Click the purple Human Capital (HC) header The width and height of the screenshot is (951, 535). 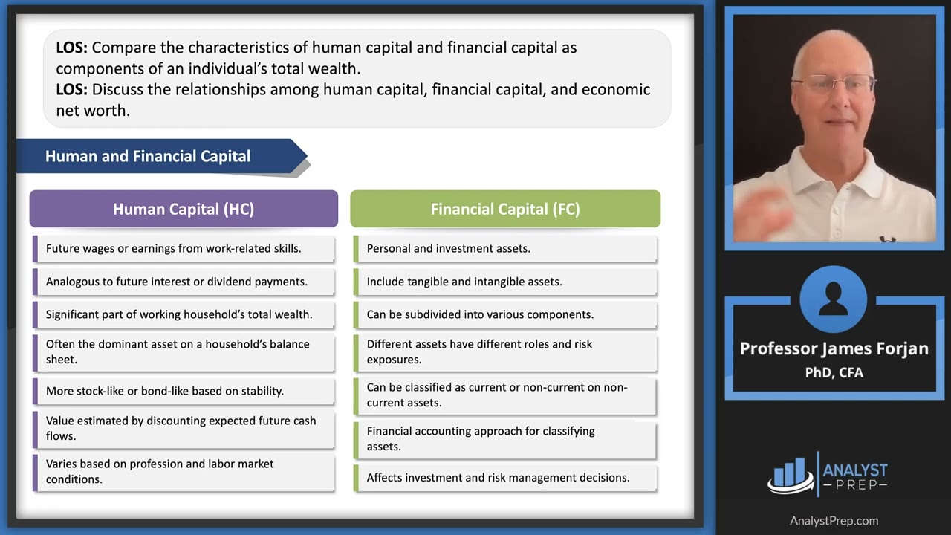pyautogui.click(x=184, y=209)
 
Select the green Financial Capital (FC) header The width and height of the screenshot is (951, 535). pyautogui.click(x=505, y=209)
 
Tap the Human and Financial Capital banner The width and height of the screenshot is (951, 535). pyautogui.click(x=148, y=156)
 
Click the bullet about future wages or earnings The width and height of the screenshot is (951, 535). pyautogui.click(x=174, y=249)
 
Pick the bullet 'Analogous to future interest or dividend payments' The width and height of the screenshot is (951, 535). pyautogui.click(x=177, y=282)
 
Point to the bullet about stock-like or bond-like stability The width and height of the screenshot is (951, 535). pyautogui.click(x=165, y=391)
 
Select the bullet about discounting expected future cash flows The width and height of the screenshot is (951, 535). pyautogui.click(x=181, y=428)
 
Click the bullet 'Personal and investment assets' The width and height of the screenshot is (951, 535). pyautogui.click(x=449, y=249)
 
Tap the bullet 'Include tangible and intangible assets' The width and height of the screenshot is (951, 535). pyautogui.click(x=464, y=282)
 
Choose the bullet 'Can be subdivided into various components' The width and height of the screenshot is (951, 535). pyautogui.click(x=480, y=314)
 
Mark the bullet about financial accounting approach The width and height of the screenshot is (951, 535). pyautogui.click(x=481, y=438)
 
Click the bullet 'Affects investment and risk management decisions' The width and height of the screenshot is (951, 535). pyautogui.click(x=498, y=478)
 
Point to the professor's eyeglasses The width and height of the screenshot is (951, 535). pyautogui.click(x=831, y=83)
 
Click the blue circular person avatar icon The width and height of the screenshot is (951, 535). pyautogui.click(x=834, y=299)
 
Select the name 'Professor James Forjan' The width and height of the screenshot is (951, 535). pyautogui.click(x=834, y=348)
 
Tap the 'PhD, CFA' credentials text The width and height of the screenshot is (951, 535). pyautogui.click(x=834, y=372)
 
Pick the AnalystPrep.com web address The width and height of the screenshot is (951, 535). pyautogui.click(x=834, y=521)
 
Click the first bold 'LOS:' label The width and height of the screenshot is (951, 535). pyautogui.click(x=71, y=48)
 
